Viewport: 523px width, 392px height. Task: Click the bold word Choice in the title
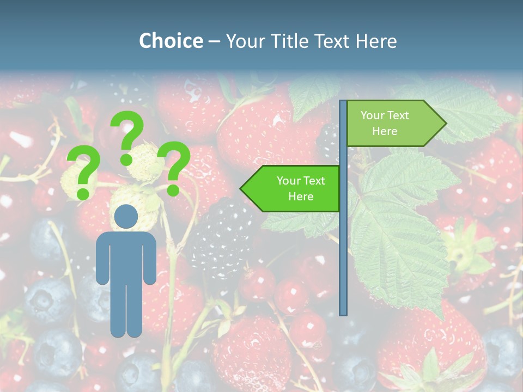click(x=171, y=41)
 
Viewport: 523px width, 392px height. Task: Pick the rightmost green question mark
click(x=174, y=167)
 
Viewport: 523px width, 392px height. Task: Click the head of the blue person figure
click(x=126, y=217)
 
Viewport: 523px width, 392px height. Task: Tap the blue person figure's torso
click(x=126, y=256)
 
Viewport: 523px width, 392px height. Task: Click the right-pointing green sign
click(x=390, y=124)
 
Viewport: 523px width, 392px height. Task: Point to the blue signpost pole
click(x=343, y=245)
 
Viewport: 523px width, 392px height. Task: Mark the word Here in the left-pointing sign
click(x=301, y=197)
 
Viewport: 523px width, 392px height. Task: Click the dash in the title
click(x=214, y=41)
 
